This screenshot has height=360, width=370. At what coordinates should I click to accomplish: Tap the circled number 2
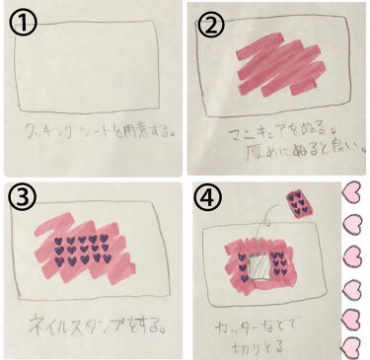click(x=210, y=25)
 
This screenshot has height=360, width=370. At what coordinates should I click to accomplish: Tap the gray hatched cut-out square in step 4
click(x=259, y=264)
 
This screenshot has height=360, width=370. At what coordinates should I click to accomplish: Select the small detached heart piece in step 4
click(x=297, y=204)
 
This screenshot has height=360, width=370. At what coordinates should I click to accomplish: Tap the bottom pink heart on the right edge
click(x=353, y=348)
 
